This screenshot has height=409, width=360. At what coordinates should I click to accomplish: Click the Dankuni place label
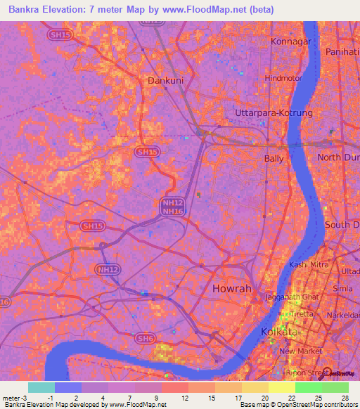(x=165, y=81)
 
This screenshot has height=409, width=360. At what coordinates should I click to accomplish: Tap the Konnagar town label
(x=291, y=41)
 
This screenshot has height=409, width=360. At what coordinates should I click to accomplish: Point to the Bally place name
(x=274, y=159)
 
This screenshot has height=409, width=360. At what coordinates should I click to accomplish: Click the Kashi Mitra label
(x=308, y=264)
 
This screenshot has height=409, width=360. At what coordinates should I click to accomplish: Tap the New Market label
(x=300, y=351)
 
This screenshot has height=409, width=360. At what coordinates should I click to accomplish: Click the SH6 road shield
(x=145, y=339)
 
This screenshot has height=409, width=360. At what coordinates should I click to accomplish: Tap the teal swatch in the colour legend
(x=41, y=387)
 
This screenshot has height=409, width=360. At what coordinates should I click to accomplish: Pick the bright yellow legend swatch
(x=281, y=387)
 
